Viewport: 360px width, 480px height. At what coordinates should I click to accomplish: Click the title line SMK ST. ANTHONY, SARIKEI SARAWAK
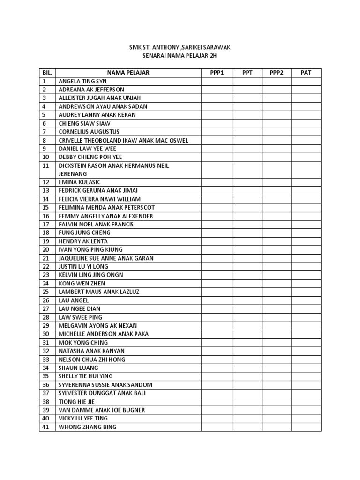[180, 48]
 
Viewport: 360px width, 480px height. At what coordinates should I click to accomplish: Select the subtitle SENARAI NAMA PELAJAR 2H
[180, 56]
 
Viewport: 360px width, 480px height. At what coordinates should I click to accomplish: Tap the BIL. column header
[47, 73]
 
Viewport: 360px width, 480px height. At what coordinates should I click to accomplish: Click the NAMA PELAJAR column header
[128, 73]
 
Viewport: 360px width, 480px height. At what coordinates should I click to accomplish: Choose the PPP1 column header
[217, 73]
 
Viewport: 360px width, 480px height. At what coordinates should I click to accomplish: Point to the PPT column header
[247, 73]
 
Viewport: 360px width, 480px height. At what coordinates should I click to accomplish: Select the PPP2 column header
[277, 73]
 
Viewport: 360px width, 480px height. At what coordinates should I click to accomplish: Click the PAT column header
[306, 73]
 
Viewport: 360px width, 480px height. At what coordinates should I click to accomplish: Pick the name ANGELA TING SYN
[82, 81]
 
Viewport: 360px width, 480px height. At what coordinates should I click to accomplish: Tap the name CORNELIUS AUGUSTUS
[89, 132]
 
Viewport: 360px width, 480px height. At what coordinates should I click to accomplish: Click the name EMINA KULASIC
[80, 182]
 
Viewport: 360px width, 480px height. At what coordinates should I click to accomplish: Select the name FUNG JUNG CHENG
[84, 232]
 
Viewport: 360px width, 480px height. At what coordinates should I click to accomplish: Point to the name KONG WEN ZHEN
[82, 283]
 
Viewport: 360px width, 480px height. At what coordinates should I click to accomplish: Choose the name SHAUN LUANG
[78, 367]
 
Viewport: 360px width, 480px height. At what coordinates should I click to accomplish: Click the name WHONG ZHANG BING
[87, 427]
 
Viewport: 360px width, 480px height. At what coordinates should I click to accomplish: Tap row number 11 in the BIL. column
[45, 166]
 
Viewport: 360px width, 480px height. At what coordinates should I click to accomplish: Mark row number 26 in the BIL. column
[45, 300]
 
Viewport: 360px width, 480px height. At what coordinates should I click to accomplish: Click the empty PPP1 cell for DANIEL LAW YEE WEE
[217, 149]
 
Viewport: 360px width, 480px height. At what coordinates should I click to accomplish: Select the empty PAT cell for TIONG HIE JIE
[306, 402]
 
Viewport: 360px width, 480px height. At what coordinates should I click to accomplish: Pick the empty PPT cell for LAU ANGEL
[247, 300]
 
